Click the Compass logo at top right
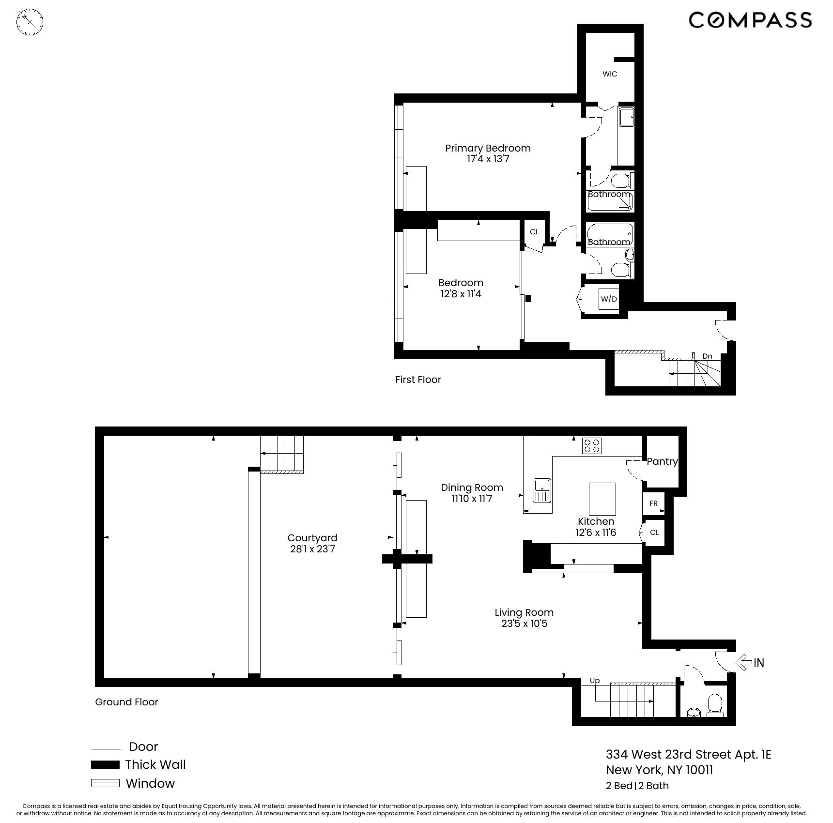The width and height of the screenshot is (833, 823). coord(750,20)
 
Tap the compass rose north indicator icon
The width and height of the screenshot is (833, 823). coord(30,22)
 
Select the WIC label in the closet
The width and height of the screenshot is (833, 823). coord(610,74)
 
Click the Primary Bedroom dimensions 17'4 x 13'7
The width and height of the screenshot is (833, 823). coord(488,159)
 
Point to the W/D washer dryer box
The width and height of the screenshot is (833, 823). coord(609,299)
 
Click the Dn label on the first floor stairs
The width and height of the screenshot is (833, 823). coord(707,356)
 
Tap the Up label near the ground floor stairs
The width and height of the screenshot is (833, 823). coord(595,681)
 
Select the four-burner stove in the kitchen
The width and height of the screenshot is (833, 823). coord(592,445)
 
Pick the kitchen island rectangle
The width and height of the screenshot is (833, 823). coord(602,499)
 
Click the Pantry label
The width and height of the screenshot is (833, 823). coord(662,461)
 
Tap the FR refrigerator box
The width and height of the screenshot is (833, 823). coord(653,503)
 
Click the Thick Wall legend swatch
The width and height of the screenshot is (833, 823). coord(105,764)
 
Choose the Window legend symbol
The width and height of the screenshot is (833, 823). coord(105,783)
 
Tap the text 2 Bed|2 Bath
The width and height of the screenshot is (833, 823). coord(637,786)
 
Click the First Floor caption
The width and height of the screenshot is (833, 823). coord(418,380)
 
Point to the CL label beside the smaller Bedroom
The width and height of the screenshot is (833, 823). coord(534,232)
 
